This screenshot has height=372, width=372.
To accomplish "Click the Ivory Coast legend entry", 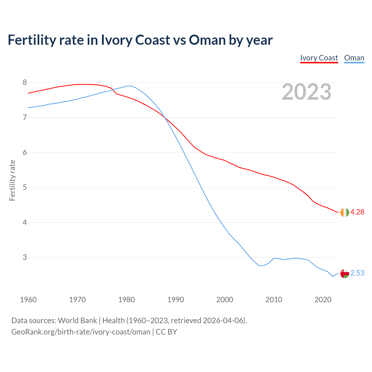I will (x=319, y=58).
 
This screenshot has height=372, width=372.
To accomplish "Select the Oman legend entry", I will (x=354, y=58).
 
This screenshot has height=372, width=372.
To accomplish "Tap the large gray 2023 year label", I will (x=306, y=92).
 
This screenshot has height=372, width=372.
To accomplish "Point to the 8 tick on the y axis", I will (x=25, y=83).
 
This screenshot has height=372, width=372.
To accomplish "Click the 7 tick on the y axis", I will (x=25, y=117).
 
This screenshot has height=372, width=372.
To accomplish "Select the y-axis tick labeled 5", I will (x=25, y=187).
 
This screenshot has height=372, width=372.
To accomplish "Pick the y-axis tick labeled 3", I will (x=25, y=257).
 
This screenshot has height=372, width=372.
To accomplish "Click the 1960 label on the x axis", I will (x=28, y=300).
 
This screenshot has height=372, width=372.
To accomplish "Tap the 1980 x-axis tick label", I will (x=126, y=300).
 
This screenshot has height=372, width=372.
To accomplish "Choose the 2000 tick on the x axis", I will (x=225, y=300).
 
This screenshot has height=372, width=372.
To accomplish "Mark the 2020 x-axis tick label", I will (x=323, y=300).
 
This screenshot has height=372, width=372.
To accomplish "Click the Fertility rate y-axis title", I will (x=12, y=180).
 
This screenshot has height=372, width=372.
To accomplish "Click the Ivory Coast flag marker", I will (x=345, y=212).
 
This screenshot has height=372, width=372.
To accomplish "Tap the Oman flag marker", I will (x=345, y=273).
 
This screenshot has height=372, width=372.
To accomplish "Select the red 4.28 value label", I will (x=357, y=212).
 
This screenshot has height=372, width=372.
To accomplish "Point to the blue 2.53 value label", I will (x=357, y=273).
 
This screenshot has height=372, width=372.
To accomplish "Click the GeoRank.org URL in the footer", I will (x=81, y=332).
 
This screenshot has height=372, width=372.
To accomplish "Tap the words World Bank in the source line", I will (x=77, y=320).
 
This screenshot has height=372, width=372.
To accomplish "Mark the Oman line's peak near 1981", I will (x=131, y=86).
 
